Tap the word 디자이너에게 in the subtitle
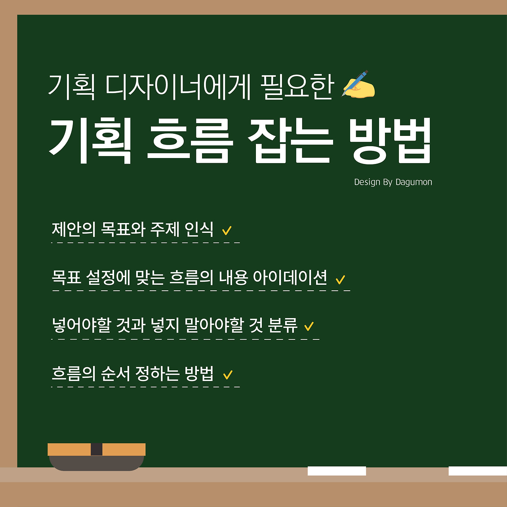pyautogui.click(x=178, y=87)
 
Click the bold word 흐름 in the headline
pyautogui.click(x=188, y=141)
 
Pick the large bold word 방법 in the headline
pyautogui.click(x=391, y=141)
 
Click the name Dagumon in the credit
pyautogui.click(x=414, y=182)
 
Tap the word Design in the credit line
pyautogui.click(x=366, y=182)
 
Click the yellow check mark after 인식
pyautogui.click(x=227, y=231)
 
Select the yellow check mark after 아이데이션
pyautogui.click(x=340, y=280)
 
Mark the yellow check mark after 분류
pyautogui.click(x=309, y=326)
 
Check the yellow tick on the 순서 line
pyautogui.click(x=228, y=374)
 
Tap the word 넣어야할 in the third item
pyautogui.click(x=82, y=325)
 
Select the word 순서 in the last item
pyautogui.click(x=115, y=373)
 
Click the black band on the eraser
pyautogui.click(x=96, y=449)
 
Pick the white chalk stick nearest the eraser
pyautogui.click(x=337, y=471)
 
